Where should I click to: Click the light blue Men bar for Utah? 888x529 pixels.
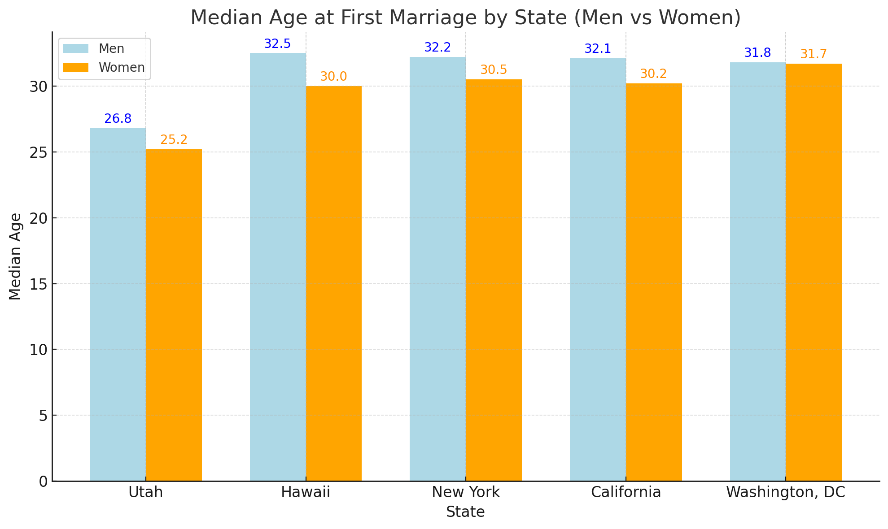118,305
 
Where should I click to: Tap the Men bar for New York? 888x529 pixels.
437,269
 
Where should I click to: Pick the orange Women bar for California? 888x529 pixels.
653,282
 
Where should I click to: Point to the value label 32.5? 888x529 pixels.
277,44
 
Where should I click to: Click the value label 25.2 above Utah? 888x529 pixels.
174,140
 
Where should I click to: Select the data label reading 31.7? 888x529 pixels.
814,54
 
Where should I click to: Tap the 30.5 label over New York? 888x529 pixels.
494,70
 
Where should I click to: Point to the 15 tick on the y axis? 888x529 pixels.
39,284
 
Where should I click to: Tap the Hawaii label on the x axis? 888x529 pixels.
306,492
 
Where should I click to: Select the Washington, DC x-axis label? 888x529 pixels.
785,492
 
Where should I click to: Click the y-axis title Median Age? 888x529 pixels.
15,256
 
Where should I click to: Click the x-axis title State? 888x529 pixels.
465,512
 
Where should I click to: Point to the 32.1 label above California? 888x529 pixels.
598,49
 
